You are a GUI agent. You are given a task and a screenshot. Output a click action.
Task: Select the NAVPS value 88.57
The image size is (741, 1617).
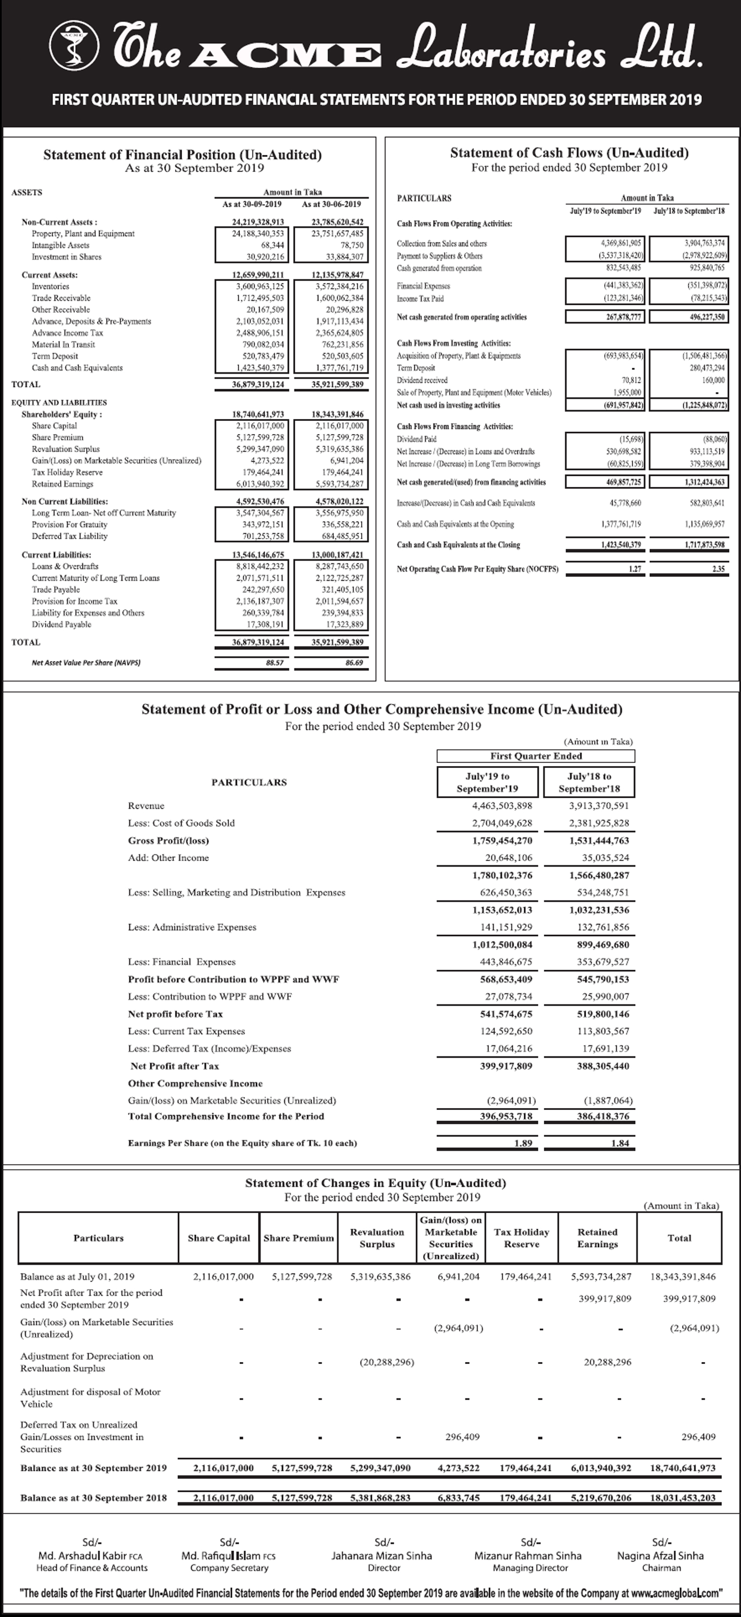[275, 662]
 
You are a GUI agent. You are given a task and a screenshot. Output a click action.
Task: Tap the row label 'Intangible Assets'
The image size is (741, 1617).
[60, 245]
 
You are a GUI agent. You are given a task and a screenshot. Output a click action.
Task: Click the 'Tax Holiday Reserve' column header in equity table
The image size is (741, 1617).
[521, 1238]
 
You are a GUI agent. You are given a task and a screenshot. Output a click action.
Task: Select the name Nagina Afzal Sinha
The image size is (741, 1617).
[660, 1556]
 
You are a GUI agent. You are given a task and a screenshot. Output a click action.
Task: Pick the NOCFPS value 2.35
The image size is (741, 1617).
[718, 569]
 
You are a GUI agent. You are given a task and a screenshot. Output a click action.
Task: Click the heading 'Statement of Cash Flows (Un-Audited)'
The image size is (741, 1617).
[569, 152]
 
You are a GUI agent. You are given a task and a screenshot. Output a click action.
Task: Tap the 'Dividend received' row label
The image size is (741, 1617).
[422, 380]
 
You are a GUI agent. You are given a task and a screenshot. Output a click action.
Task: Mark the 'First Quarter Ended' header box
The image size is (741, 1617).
[536, 756]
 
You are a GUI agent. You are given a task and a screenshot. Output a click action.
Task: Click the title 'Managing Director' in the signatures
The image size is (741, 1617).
[530, 1567]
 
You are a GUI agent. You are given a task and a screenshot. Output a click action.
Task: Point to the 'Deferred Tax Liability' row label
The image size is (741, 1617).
[70, 536]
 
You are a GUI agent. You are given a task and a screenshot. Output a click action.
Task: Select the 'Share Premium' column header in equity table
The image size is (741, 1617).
[298, 1238]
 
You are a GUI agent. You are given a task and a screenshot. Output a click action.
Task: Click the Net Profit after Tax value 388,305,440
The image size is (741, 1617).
[603, 1066]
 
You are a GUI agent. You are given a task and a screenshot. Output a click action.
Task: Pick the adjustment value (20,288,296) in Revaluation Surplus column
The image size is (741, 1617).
[386, 1361]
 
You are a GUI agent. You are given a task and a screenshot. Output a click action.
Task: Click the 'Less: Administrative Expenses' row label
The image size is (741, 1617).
[192, 927]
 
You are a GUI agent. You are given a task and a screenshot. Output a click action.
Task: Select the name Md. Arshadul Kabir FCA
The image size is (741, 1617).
[91, 1556]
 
